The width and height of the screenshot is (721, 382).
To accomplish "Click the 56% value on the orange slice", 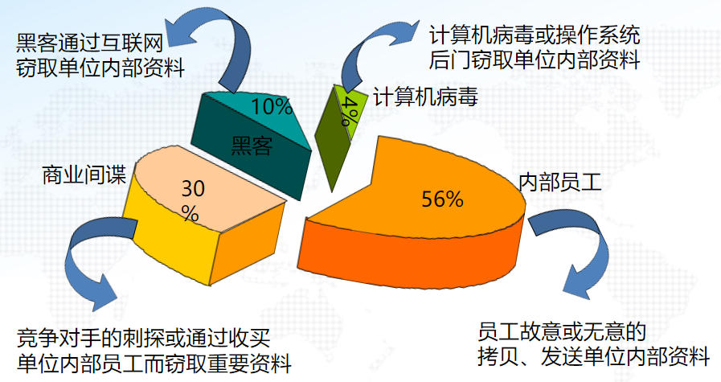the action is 442,199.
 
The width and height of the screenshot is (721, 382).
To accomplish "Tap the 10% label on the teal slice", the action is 272,107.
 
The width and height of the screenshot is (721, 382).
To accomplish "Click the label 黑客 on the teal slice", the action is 252,145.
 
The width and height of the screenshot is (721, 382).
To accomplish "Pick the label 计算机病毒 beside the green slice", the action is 425,97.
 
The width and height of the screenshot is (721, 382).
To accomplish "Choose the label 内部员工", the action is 560,183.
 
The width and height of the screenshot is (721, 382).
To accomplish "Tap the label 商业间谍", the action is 84,175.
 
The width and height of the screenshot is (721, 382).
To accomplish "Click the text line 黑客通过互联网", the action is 90,43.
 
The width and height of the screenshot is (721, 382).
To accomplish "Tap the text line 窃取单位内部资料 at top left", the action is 100,68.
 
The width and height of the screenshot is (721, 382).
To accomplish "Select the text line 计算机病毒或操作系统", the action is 535,35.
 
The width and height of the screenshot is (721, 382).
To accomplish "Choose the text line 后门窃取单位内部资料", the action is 535,60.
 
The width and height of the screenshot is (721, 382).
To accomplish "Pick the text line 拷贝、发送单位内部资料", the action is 593,357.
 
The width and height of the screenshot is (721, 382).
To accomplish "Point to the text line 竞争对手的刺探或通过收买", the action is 143,338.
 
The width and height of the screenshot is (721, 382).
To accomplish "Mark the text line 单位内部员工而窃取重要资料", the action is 154,363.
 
